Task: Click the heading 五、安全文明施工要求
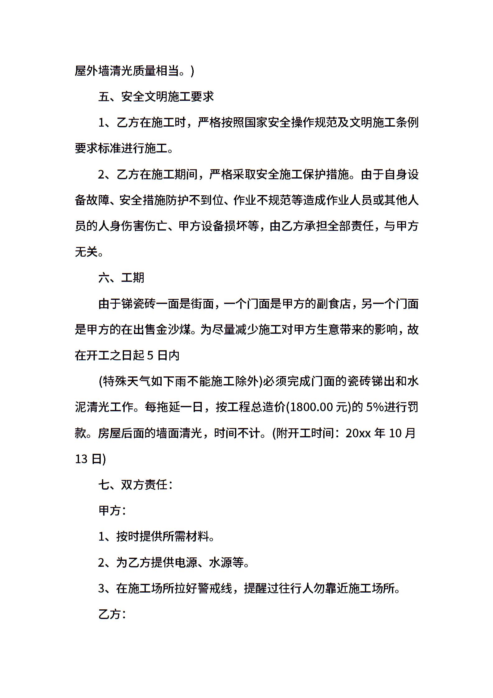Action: tap(156, 97)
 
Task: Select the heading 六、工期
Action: tap(122, 277)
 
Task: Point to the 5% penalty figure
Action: tap(375, 407)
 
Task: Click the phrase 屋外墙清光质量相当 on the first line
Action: tap(127, 71)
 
